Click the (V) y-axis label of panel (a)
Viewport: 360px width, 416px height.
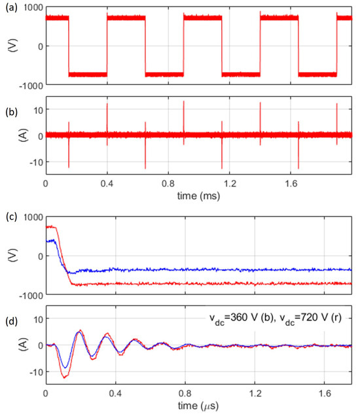click(9, 46)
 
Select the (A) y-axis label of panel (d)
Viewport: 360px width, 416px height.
click(9, 345)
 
